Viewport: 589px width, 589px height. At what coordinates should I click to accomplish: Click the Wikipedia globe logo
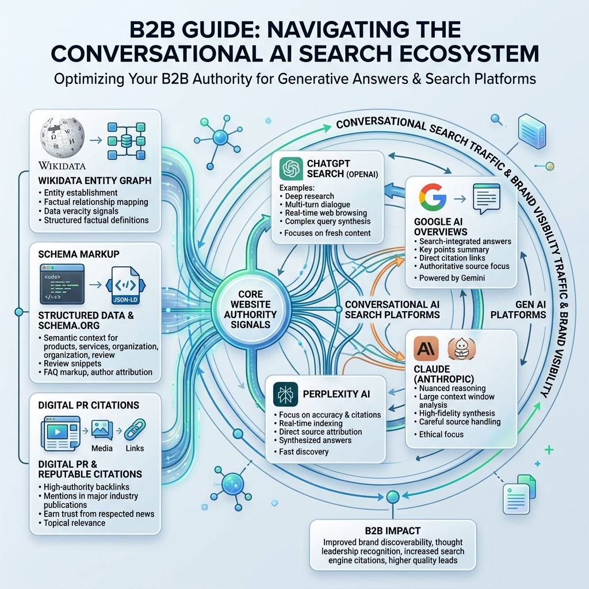tap(62, 137)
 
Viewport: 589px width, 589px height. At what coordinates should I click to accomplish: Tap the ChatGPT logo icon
tap(291, 169)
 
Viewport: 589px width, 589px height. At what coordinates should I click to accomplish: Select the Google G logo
tap(433, 197)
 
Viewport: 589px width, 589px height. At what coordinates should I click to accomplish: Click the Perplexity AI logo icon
tap(285, 394)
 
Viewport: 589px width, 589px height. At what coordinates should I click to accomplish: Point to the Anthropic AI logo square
tap(426, 348)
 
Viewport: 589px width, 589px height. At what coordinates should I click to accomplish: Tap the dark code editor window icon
tap(62, 284)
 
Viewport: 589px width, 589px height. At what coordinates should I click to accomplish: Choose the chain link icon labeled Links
tap(135, 430)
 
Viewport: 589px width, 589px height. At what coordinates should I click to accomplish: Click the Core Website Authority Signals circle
tap(250, 309)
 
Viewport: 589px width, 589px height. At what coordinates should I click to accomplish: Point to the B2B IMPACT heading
tap(392, 531)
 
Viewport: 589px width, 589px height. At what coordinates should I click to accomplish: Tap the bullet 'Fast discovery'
tap(304, 452)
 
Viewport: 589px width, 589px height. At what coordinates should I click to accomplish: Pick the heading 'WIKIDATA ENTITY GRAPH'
tap(95, 181)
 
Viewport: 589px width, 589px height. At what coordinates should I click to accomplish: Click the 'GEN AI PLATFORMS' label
tap(518, 309)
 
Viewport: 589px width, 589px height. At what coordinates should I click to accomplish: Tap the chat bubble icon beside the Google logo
tap(487, 198)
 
